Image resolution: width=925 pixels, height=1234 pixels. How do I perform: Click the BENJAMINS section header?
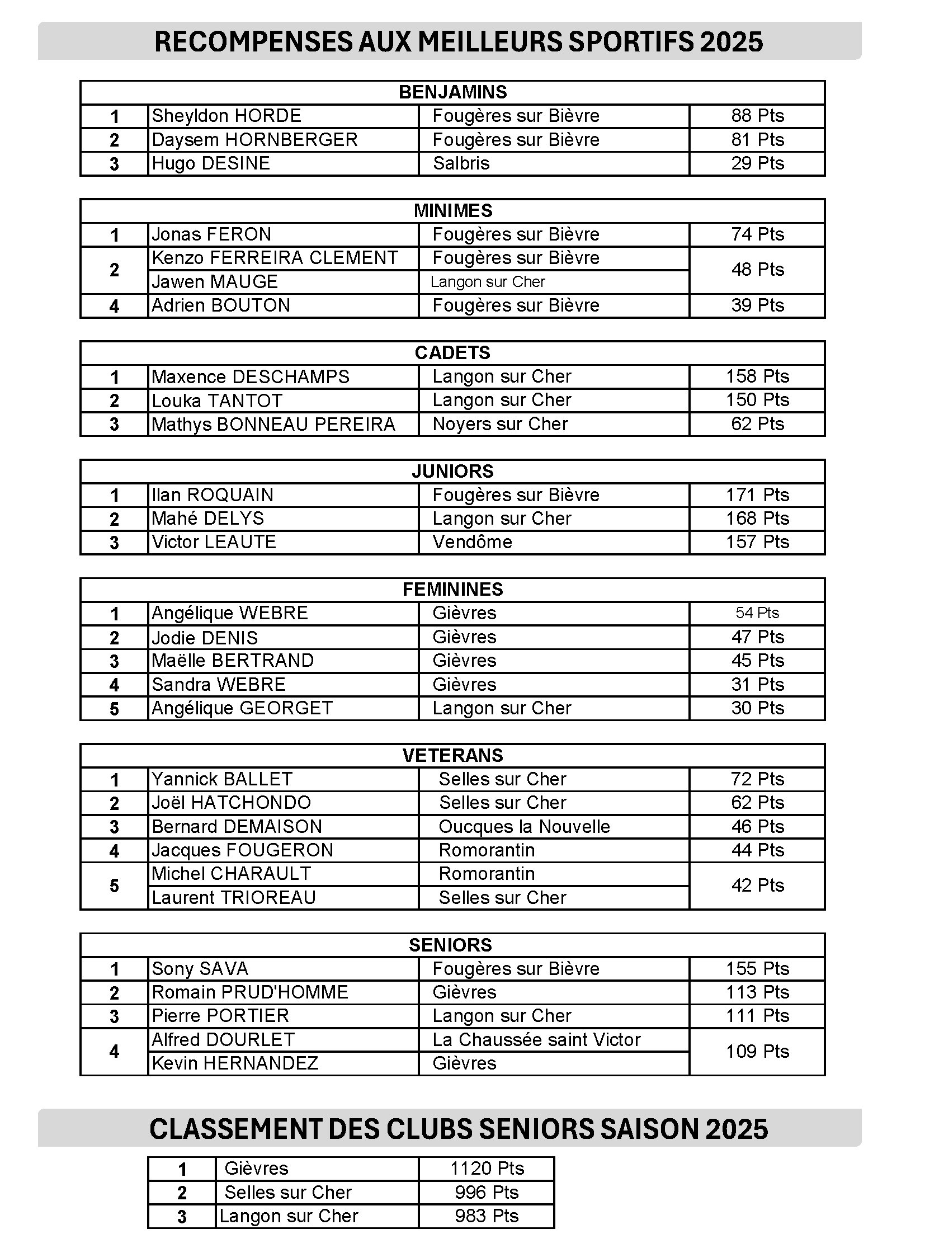click(x=452, y=92)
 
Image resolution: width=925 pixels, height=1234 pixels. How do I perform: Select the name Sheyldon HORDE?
click(x=226, y=116)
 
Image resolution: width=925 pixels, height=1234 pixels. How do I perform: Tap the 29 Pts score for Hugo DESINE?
click(x=757, y=163)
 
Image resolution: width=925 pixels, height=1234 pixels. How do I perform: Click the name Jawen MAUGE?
click(x=215, y=281)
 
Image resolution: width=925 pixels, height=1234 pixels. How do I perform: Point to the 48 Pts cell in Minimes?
click(x=757, y=270)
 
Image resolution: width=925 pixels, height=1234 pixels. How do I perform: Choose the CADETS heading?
click(x=452, y=353)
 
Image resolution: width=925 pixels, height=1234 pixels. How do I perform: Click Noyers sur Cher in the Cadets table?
click(x=500, y=424)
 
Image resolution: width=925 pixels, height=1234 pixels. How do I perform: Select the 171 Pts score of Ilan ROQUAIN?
click(x=757, y=495)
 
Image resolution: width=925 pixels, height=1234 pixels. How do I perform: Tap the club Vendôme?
click(x=472, y=542)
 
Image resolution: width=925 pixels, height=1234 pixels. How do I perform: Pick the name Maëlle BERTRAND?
click(x=233, y=661)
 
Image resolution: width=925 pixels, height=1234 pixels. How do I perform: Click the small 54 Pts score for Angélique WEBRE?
click(x=757, y=613)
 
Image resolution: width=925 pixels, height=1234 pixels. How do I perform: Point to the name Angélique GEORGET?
click(x=242, y=708)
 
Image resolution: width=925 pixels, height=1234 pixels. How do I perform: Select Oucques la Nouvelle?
click(x=524, y=827)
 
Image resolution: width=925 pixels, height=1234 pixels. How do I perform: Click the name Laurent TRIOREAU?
click(x=234, y=898)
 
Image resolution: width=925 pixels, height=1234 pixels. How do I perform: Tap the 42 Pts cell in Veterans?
click(x=757, y=886)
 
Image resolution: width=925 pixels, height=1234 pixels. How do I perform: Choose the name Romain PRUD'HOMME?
click(x=250, y=992)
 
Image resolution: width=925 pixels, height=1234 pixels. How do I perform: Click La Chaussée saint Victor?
click(x=536, y=1040)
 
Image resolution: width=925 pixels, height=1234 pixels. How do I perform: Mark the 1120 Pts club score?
click(x=487, y=1169)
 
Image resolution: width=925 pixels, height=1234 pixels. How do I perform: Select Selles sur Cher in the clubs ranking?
click(x=288, y=1193)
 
